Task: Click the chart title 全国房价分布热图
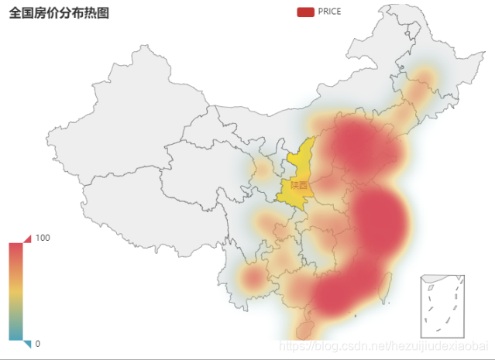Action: (x=59, y=12)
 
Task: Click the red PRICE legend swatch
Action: (x=305, y=12)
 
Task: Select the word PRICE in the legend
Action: (x=329, y=12)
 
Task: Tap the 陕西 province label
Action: (x=299, y=186)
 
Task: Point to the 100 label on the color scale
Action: (x=43, y=238)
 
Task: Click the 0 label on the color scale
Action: (x=37, y=344)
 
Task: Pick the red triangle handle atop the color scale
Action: (x=27, y=238)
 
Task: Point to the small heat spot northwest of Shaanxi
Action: (x=264, y=166)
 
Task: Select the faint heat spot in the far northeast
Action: (x=423, y=77)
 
